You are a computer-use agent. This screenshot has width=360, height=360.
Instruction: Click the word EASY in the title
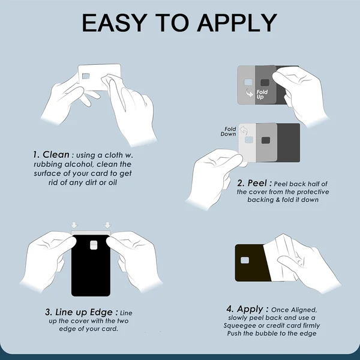(x=115, y=23)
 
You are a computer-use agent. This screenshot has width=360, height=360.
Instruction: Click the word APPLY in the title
(x=237, y=23)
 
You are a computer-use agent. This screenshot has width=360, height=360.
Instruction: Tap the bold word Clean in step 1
(x=56, y=155)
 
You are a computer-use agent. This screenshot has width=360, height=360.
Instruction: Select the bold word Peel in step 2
(x=257, y=183)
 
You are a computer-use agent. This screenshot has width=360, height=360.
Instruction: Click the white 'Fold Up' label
(x=262, y=94)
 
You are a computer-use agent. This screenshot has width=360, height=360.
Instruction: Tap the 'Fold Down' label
(x=229, y=131)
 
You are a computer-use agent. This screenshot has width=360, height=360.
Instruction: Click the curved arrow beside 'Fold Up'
(x=250, y=92)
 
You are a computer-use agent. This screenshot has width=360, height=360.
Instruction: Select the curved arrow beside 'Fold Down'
(x=244, y=130)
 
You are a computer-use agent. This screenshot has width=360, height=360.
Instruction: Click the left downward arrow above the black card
(x=74, y=225)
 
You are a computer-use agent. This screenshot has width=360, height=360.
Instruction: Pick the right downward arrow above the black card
(x=107, y=225)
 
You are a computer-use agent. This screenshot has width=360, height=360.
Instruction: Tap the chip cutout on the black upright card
(x=94, y=245)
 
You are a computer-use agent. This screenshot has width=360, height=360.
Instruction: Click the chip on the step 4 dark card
(x=245, y=260)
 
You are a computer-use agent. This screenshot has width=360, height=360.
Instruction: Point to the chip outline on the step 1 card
(x=86, y=76)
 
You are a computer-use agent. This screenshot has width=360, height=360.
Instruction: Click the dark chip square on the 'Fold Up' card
(x=265, y=82)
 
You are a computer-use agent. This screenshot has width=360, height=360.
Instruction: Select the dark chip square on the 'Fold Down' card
(x=266, y=140)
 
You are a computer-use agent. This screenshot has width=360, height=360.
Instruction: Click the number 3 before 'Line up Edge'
(x=48, y=313)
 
